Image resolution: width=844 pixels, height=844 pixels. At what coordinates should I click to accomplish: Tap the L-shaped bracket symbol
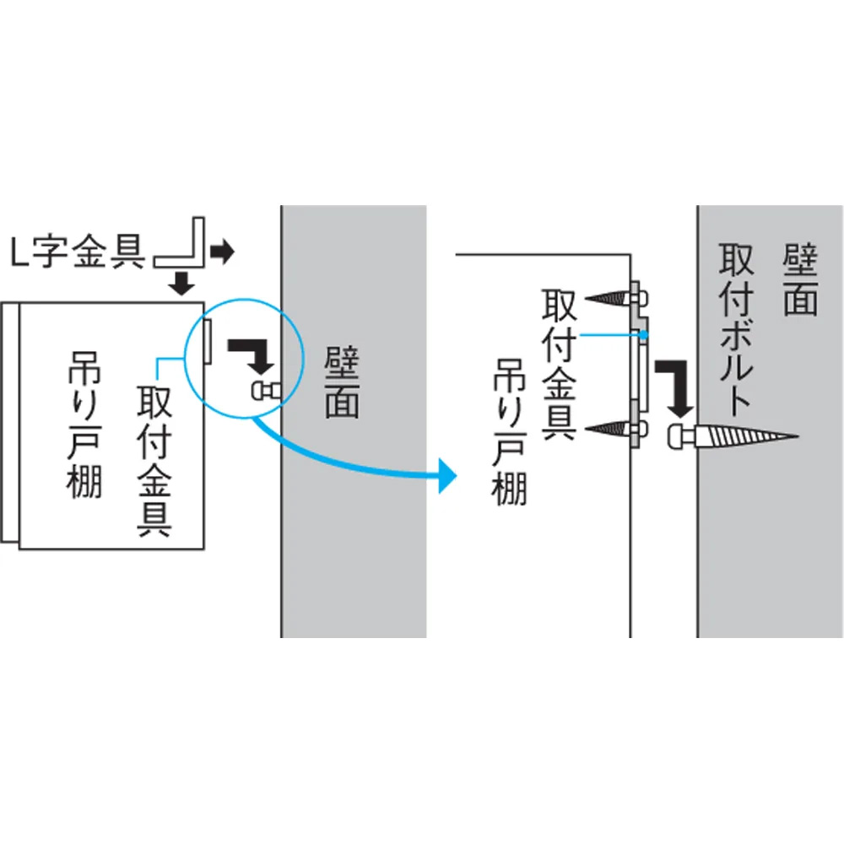[x=181, y=245]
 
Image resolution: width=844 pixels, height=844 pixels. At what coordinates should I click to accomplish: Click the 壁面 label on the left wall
[x=342, y=384]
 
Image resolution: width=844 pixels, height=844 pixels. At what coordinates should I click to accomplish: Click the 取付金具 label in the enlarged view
[x=558, y=363]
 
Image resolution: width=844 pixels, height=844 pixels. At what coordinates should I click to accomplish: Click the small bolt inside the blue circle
[x=267, y=390]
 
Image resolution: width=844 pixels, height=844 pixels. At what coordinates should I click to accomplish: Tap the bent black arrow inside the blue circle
[x=251, y=354]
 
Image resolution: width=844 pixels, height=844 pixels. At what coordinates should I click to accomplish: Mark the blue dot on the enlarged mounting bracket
[x=644, y=335]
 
